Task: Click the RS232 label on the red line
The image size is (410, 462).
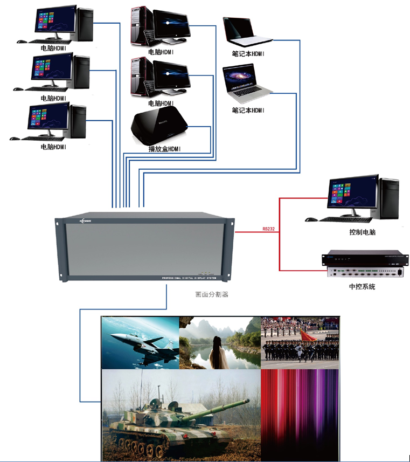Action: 268,229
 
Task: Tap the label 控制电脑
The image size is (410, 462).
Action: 362,232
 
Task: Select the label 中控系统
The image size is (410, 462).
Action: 362,287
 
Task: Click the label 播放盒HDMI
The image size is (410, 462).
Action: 164,149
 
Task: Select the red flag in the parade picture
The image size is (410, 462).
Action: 309,337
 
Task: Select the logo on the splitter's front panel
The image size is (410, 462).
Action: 86,220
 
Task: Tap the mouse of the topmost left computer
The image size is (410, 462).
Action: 20,42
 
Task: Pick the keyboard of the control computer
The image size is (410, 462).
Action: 345,219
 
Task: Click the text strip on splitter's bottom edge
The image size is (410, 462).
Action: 188,277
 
